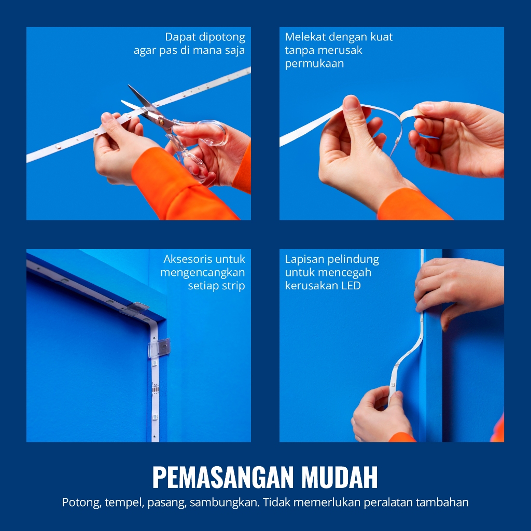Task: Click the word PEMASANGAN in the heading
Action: [x=223, y=477]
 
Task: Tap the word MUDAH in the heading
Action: [x=339, y=477]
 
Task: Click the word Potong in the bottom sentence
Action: [x=81, y=502]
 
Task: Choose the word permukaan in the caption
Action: [x=314, y=64]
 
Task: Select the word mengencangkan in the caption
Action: [x=203, y=273]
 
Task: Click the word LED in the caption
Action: [x=351, y=286]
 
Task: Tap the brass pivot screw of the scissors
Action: [x=161, y=119]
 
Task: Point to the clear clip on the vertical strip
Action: [x=159, y=347]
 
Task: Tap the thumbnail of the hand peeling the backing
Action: [x=351, y=101]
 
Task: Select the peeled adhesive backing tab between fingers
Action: [x=411, y=114]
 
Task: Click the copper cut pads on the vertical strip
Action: [x=155, y=388]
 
